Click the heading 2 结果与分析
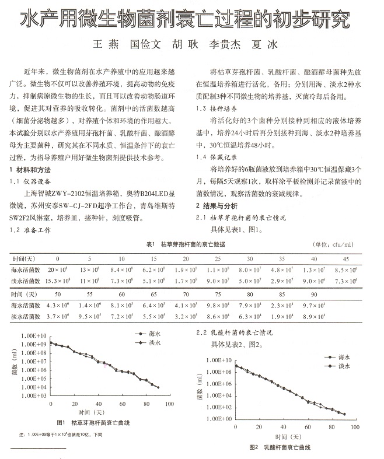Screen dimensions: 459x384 click(217, 206)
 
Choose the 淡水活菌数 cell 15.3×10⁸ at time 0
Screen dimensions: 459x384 click(58, 281)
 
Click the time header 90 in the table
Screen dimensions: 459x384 click(314, 295)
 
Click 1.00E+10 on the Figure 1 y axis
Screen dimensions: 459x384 click(32, 337)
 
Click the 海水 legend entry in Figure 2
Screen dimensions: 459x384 click(343, 355)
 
